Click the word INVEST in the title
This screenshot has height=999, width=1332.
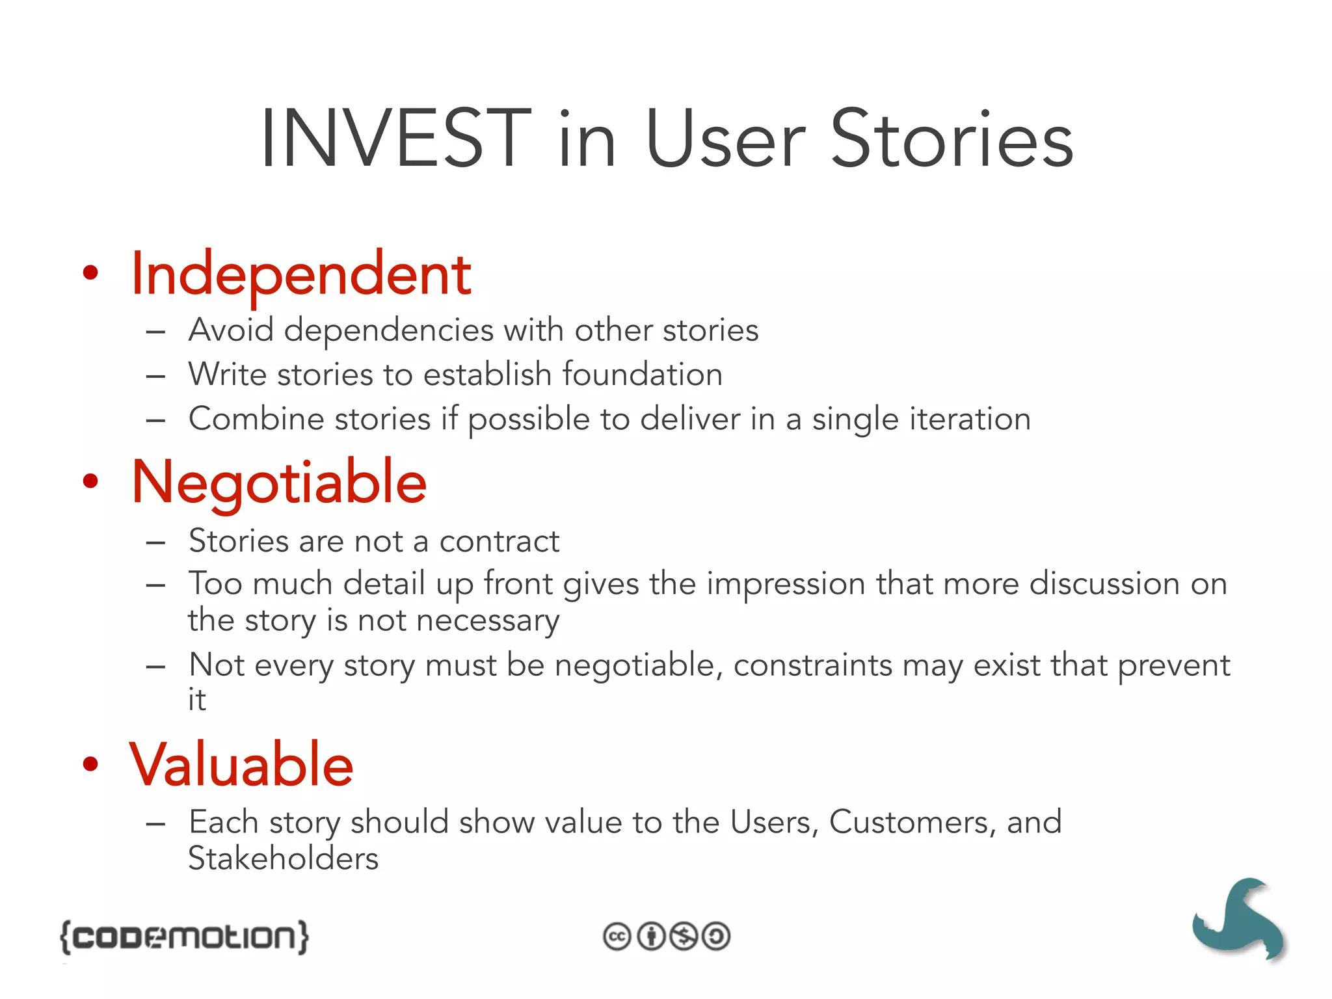[395, 140]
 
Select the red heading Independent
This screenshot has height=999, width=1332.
[300, 274]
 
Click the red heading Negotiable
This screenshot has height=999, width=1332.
[279, 483]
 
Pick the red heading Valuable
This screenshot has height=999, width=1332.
[241, 765]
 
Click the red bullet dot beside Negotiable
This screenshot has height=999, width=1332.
[90, 482]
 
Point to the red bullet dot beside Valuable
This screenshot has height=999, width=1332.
[90, 764]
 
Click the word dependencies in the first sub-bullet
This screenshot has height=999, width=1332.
[388, 330]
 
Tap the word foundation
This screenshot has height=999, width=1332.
[642, 375]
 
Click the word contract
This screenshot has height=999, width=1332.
[499, 541]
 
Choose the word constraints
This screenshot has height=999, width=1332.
[812, 665]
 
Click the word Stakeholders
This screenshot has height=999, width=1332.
[283, 859]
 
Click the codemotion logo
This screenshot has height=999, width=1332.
[184, 937]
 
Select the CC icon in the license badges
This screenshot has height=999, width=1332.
[617, 937]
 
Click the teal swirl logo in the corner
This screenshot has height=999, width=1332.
[1238, 919]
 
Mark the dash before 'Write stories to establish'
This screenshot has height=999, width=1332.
[155, 376]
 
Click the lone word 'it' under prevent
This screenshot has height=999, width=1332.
[196, 700]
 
